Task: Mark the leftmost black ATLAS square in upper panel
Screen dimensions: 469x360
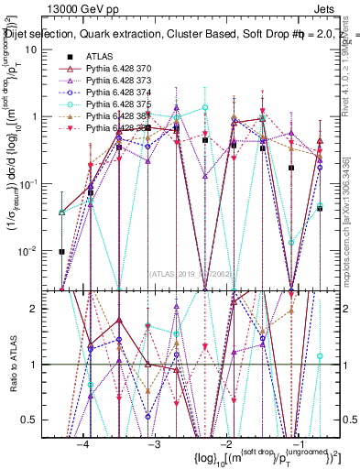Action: (x=61, y=251)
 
